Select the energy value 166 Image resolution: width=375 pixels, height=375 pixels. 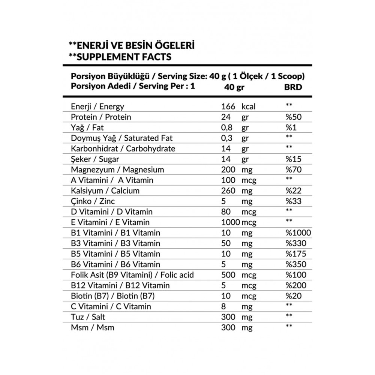click(228, 106)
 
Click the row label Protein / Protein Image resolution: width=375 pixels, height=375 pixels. click(101, 117)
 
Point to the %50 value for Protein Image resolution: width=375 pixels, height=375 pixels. click(293, 117)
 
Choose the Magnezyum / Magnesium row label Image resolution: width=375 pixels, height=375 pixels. click(117, 169)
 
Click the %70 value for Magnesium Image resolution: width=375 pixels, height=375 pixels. click(293, 169)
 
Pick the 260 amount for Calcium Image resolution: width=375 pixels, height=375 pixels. click(228, 190)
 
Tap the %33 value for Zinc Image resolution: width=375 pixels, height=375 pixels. click(293, 201)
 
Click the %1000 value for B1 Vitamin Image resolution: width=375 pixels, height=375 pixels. click(298, 233)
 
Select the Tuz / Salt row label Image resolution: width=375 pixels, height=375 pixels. click(88, 317)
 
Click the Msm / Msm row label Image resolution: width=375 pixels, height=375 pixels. click(93, 327)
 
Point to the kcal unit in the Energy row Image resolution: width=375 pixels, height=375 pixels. click(248, 106)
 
